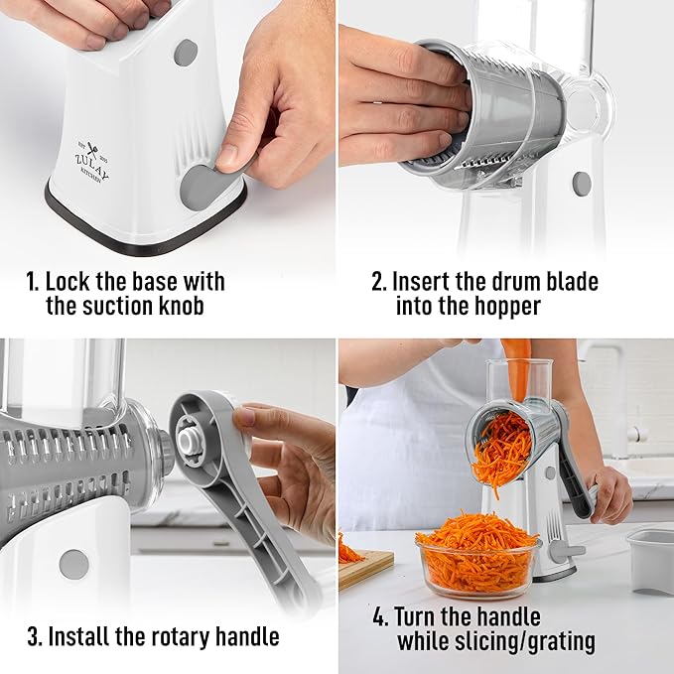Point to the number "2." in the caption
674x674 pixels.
(378, 281)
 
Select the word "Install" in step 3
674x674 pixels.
(82, 635)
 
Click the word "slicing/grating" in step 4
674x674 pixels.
(496, 642)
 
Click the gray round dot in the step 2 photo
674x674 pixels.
(582, 183)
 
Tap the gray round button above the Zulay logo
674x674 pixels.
(185, 53)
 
